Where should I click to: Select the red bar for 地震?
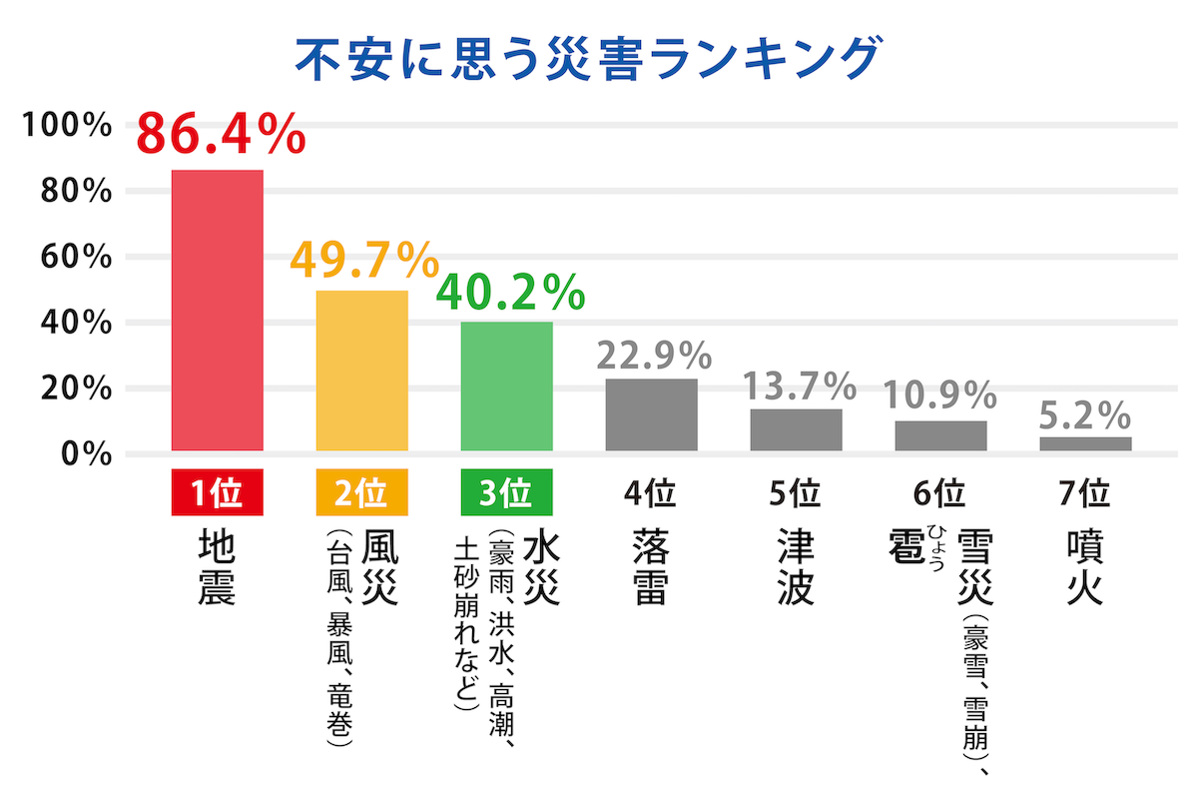[x=218, y=310]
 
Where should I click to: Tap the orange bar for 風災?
[x=362, y=371]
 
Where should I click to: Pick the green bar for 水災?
[x=506, y=387]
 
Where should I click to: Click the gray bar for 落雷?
[x=651, y=414]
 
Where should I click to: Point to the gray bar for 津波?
[x=796, y=429]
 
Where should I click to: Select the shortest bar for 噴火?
[x=1085, y=443]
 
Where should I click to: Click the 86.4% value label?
[x=221, y=135]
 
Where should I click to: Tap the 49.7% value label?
[x=364, y=262]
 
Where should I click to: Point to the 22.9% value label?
[x=653, y=356]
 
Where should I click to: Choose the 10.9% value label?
[x=940, y=395]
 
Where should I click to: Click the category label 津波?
[x=796, y=567]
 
